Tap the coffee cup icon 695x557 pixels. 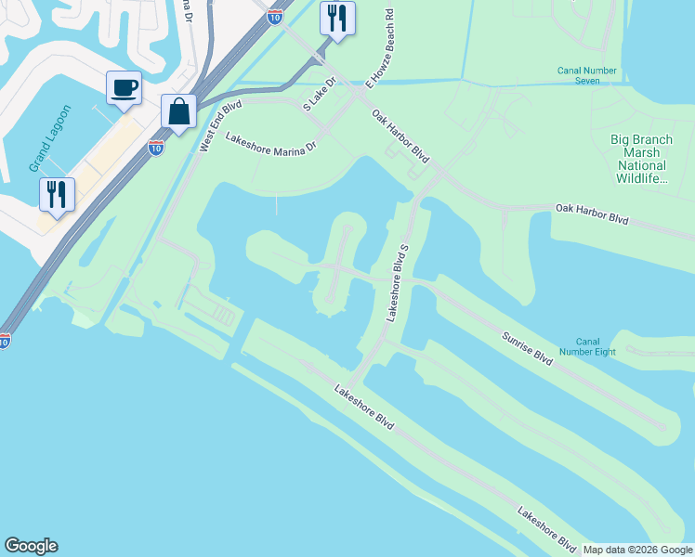(124, 88)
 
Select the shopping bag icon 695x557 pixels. (178, 111)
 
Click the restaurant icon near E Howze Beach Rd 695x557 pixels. (337, 18)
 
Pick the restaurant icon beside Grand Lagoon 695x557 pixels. (58, 194)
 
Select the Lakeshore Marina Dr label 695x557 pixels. (271, 139)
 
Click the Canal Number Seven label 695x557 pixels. (591, 75)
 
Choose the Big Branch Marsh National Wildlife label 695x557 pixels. (641, 158)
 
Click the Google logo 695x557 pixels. (31, 546)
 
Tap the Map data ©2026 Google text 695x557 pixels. (636, 550)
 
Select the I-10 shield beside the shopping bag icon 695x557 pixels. (155, 147)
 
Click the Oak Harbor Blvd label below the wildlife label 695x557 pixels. (592, 214)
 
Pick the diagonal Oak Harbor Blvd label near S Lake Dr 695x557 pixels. (400, 136)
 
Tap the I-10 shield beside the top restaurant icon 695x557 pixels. (274, 16)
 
